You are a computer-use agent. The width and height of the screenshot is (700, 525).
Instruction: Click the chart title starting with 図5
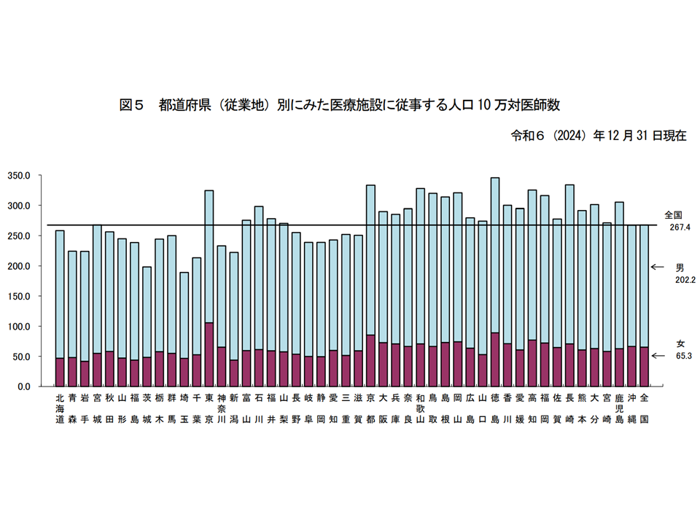339,105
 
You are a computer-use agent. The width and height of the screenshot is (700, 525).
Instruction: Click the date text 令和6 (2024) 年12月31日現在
599,136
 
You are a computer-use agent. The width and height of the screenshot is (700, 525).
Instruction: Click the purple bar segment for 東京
209,354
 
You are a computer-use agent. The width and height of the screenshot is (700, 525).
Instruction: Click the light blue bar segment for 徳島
495,255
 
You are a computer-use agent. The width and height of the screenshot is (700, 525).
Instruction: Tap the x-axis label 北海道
60,409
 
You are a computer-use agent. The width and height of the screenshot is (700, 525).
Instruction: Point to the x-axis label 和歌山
420,409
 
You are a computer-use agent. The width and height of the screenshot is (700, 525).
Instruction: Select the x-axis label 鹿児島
619,409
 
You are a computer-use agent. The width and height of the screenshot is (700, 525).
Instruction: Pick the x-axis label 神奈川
222,409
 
